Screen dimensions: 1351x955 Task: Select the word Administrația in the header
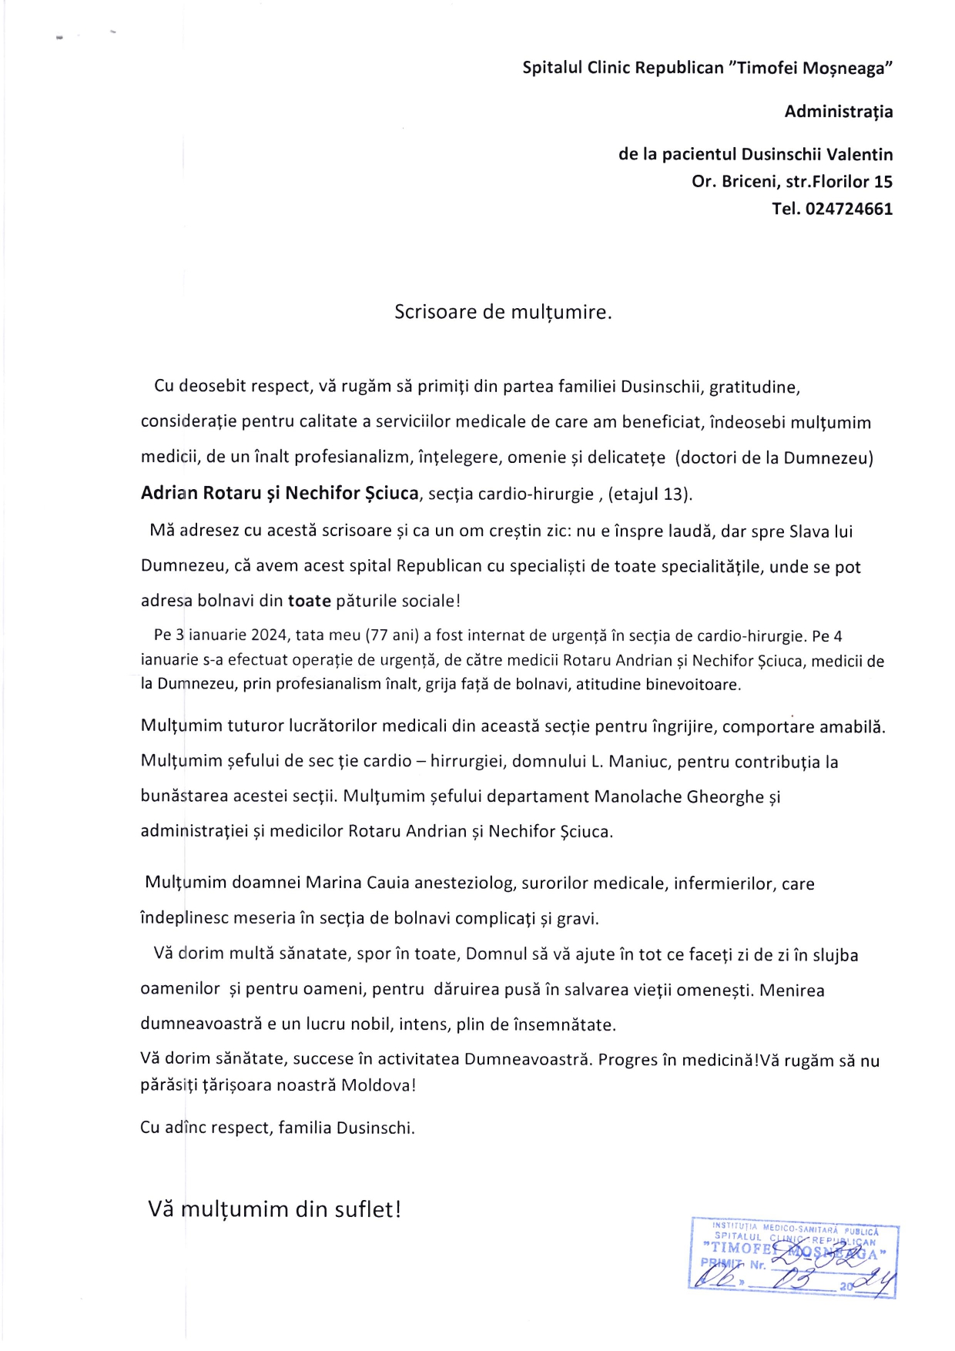(x=839, y=112)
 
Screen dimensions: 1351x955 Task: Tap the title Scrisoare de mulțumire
(x=503, y=312)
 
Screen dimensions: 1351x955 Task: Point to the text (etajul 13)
(x=650, y=494)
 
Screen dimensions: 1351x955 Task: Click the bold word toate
(x=310, y=601)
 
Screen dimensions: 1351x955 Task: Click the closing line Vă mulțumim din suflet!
(x=275, y=1209)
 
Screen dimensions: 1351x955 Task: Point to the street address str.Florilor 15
(x=828, y=182)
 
